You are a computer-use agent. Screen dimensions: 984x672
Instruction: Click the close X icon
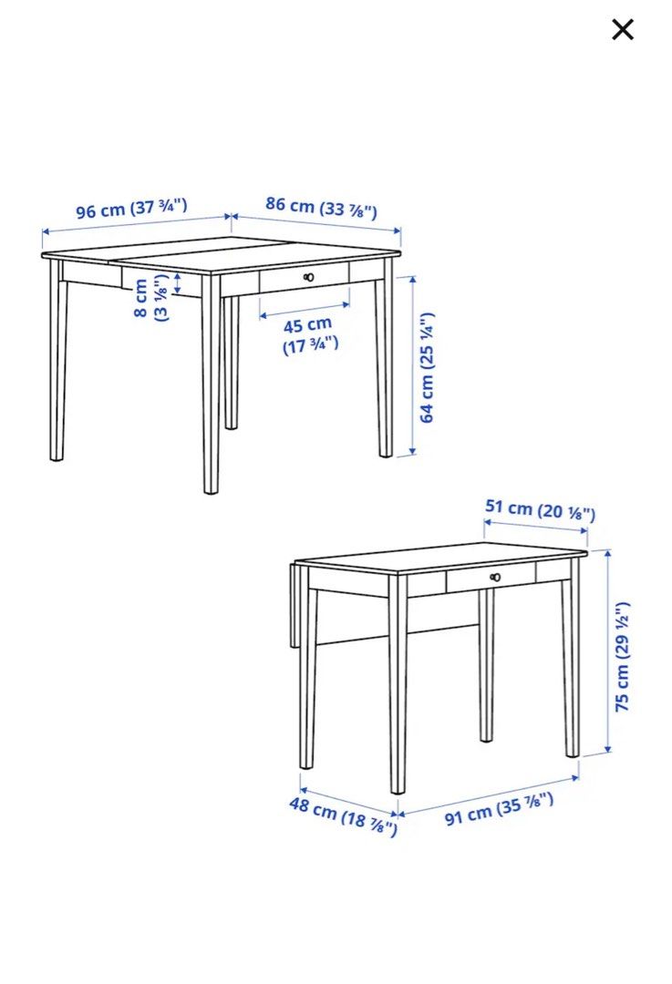tap(623, 30)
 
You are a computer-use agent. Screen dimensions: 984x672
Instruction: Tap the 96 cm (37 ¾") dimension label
tap(131, 209)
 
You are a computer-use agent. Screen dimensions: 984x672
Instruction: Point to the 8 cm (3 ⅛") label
tap(151, 298)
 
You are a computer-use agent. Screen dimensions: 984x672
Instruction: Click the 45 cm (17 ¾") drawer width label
tap(308, 334)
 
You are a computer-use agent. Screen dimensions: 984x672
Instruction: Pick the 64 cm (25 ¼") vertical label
tap(427, 367)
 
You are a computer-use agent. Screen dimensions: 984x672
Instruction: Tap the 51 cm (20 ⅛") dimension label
tap(539, 511)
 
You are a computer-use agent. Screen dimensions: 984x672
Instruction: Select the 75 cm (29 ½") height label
tap(622, 656)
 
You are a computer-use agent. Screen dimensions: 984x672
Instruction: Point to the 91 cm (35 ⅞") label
tap(499, 808)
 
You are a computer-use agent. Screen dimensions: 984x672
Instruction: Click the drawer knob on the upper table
tap(309, 277)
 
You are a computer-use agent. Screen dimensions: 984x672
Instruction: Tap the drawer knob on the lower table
tap(495, 577)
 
